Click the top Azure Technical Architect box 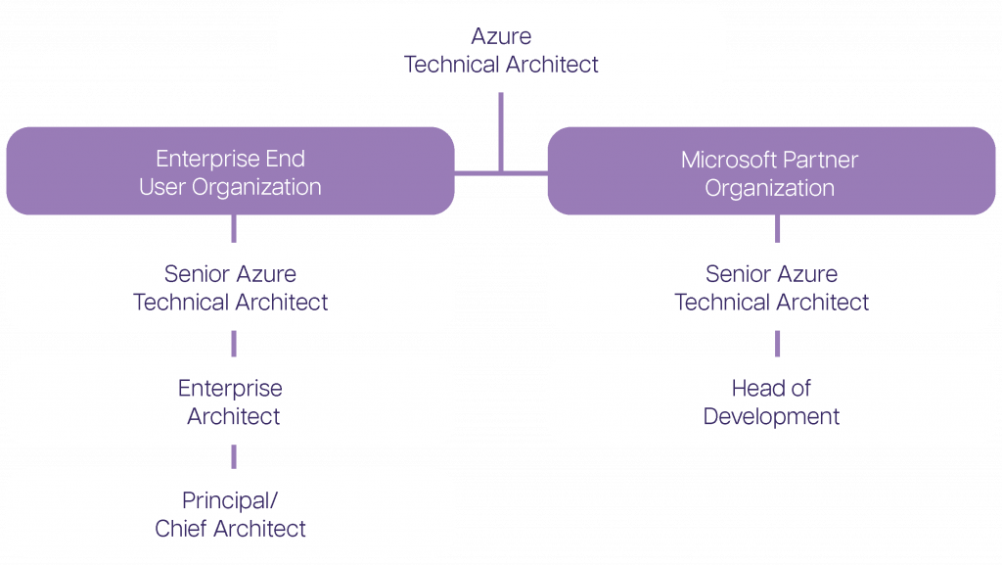(501, 49)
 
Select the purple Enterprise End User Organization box (230, 171)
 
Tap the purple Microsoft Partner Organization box (770, 171)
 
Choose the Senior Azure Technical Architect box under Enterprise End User (230, 287)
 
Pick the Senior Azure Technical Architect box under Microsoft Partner (770, 287)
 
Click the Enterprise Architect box (230, 401)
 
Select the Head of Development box (770, 401)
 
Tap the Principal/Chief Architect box (230, 514)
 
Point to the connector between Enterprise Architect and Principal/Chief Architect (234, 456)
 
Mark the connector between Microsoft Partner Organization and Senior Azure (778, 228)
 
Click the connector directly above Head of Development (778, 343)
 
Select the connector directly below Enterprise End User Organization (234, 228)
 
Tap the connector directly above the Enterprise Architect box (234, 343)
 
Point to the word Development (771, 416)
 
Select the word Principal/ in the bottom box (230, 500)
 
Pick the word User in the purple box (161, 187)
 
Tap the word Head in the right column (755, 388)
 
